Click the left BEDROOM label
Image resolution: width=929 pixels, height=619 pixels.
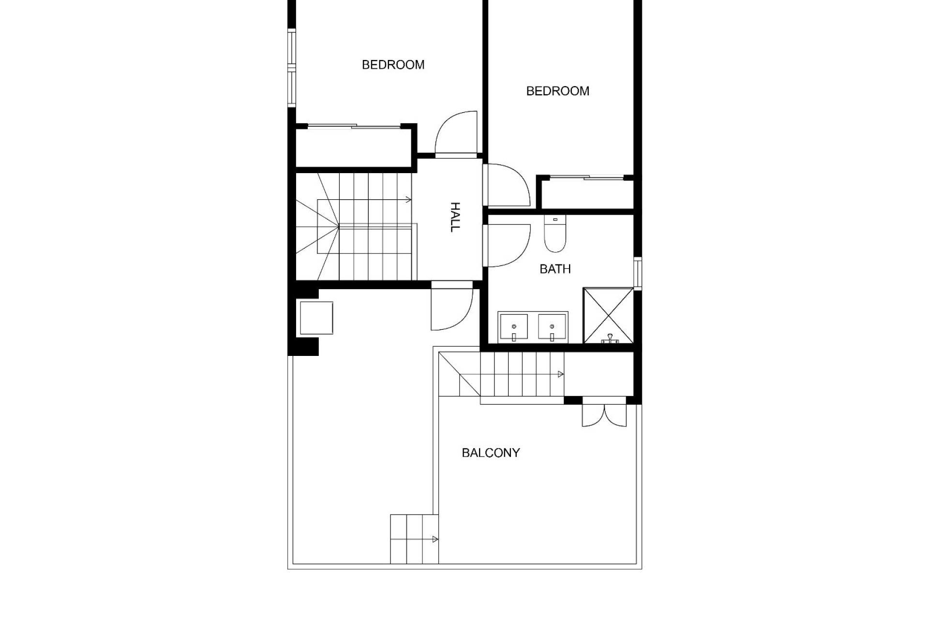point(393,65)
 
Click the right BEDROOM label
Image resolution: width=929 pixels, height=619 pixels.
point(557,91)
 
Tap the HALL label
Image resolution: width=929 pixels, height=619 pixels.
point(454,217)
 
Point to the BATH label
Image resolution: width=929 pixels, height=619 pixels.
point(555,269)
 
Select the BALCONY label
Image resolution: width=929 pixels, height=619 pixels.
point(491,453)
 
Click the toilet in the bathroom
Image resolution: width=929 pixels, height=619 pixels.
point(554,234)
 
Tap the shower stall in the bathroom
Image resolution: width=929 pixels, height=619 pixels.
point(608,315)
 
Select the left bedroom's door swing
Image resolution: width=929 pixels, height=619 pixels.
point(456,133)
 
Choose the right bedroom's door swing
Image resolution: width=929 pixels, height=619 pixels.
point(507,185)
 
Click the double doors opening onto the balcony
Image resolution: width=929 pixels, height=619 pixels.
point(603,414)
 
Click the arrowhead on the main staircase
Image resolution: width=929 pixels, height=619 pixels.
point(409,199)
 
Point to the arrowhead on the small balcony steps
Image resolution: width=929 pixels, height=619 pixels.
point(435,539)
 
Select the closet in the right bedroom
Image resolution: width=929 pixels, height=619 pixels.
point(587,194)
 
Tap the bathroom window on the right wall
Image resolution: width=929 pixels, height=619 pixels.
point(638,274)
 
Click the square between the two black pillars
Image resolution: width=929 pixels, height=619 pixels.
point(316,318)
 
